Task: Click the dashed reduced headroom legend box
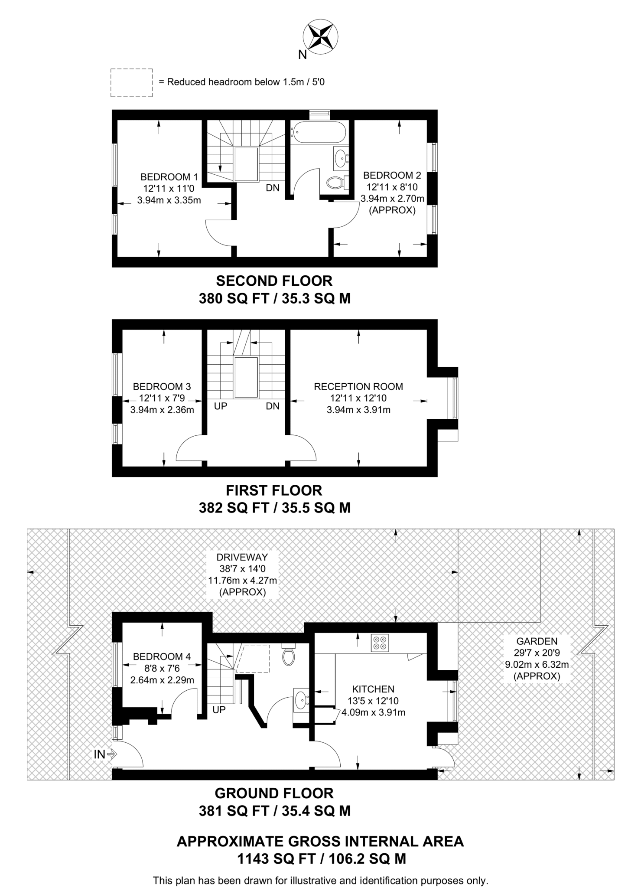click(131, 82)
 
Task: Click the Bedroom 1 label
click(169, 177)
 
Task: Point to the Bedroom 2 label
click(392, 176)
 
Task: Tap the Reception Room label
click(358, 386)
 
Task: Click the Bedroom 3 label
click(162, 386)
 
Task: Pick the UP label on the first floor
click(221, 406)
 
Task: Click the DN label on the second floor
click(273, 188)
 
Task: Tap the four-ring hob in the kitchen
click(380, 643)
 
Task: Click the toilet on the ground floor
click(289, 655)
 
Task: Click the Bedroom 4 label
click(162, 656)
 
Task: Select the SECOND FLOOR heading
click(274, 281)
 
